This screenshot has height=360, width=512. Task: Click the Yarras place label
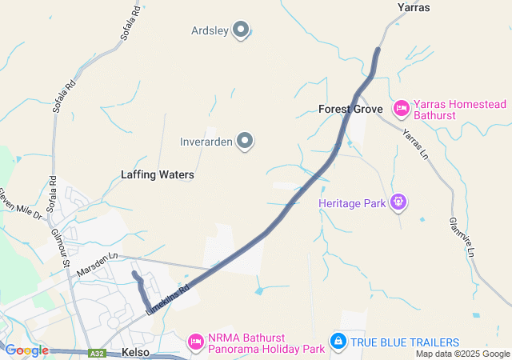click(414, 7)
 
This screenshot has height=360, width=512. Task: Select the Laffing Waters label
click(158, 174)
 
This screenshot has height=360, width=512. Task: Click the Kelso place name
click(136, 352)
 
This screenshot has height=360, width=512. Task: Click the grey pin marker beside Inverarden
click(246, 142)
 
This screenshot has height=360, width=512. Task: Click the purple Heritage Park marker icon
click(398, 202)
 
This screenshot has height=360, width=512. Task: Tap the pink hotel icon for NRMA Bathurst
click(195, 342)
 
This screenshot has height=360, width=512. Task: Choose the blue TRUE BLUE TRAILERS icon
click(338, 342)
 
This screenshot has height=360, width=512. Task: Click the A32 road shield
click(97, 353)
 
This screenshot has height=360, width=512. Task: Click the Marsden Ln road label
click(97, 266)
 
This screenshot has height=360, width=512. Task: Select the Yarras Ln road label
click(416, 144)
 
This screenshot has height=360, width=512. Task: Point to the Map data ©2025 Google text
click(462, 354)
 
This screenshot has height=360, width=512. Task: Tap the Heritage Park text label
click(351, 203)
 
